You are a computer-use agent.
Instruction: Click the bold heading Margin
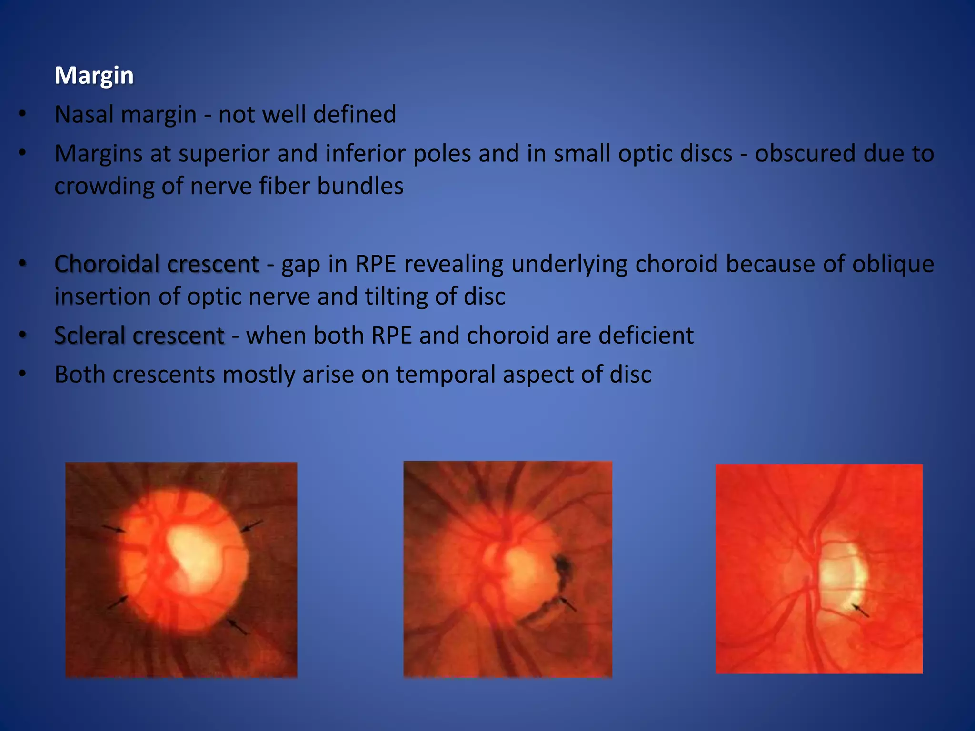point(94,76)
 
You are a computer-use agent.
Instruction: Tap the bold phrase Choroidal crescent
point(156,264)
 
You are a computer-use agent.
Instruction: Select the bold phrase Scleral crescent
point(139,336)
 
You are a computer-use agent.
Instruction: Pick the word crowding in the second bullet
point(104,186)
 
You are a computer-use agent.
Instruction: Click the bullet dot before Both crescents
point(22,374)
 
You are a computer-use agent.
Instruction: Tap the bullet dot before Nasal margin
point(22,114)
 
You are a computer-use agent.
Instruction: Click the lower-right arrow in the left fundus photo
point(237,626)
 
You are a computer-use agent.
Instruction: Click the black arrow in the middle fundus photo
point(567,604)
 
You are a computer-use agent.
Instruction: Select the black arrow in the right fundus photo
point(860,610)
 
